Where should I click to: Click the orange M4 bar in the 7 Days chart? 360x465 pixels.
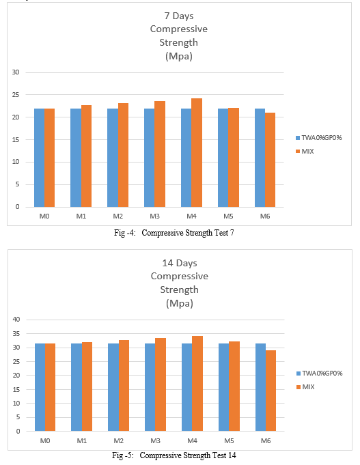(x=197, y=153)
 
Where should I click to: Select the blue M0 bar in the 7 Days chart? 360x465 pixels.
(x=39, y=158)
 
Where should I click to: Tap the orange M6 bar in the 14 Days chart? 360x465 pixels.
(x=271, y=391)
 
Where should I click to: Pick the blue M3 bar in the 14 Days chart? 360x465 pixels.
(x=150, y=387)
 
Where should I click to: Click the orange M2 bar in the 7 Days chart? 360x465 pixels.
(x=123, y=155)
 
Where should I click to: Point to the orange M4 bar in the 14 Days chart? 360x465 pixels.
(x=197, y=384)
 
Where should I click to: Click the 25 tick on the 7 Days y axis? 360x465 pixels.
(x=16, y=95)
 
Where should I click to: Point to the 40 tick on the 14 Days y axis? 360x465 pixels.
(x=16, y=320)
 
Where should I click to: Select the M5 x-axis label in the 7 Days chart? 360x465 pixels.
(x=228, y=216)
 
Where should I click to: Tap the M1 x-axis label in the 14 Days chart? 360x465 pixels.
(x=81, y=440)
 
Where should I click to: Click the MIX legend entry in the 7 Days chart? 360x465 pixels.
(x=307, y=151)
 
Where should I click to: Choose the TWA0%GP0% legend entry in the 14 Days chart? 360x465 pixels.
(x=322, y=373)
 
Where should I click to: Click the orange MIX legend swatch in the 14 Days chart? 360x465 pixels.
(x=299, y=387)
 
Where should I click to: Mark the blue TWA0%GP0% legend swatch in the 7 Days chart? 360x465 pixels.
(x=298, y=138)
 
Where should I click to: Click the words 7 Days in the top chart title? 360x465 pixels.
(x=179, y=16)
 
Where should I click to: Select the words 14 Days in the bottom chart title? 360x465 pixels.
(x=180, y=263)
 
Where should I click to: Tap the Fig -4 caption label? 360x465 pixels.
(x=124, y=233)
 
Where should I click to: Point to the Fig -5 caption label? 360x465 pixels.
(x=123, y=455)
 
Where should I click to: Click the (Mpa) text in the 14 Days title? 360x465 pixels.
(x=180, y=303)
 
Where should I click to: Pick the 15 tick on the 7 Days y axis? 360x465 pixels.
(x=16, y=140)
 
